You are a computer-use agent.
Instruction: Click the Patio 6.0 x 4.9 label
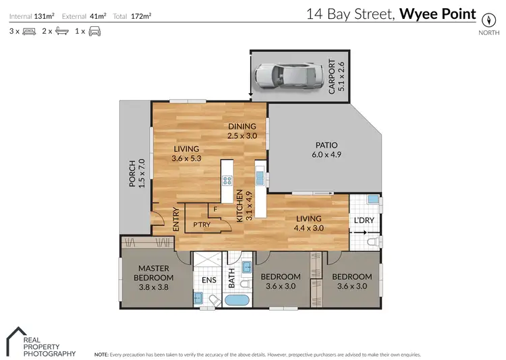tap(326, 150)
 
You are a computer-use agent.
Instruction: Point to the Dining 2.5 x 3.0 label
tap(242, 130)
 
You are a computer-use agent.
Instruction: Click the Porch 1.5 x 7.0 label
tap(137, 173)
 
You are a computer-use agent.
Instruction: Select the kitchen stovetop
tap(228, 180)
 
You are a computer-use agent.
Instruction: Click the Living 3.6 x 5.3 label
tap(186, 154)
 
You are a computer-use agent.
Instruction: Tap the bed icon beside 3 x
tap(29, 31)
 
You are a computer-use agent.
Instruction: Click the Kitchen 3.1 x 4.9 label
tap(239, 206)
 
